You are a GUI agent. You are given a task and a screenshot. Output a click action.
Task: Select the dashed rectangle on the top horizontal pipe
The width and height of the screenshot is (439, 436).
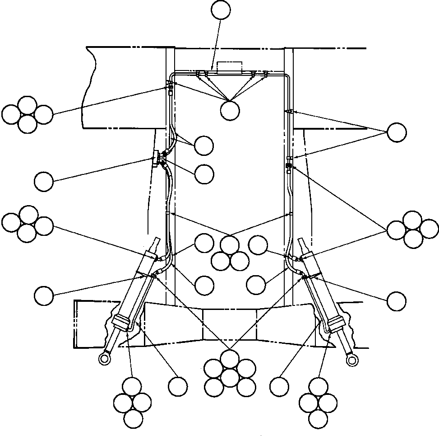230,67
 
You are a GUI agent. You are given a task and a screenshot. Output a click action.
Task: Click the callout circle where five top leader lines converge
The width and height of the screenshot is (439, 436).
230,110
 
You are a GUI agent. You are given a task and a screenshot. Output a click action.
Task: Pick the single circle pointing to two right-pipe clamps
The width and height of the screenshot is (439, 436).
396,132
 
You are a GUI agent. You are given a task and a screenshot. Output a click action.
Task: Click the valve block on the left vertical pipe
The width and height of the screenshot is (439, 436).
157,159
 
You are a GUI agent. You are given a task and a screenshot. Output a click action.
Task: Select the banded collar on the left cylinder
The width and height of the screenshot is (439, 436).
123,322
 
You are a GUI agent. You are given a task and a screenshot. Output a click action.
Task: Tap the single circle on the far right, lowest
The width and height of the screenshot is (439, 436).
396,301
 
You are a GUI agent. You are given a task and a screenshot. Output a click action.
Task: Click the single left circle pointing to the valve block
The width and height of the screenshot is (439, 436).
44,182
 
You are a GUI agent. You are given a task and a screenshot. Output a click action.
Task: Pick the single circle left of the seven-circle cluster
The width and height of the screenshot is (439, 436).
177,386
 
